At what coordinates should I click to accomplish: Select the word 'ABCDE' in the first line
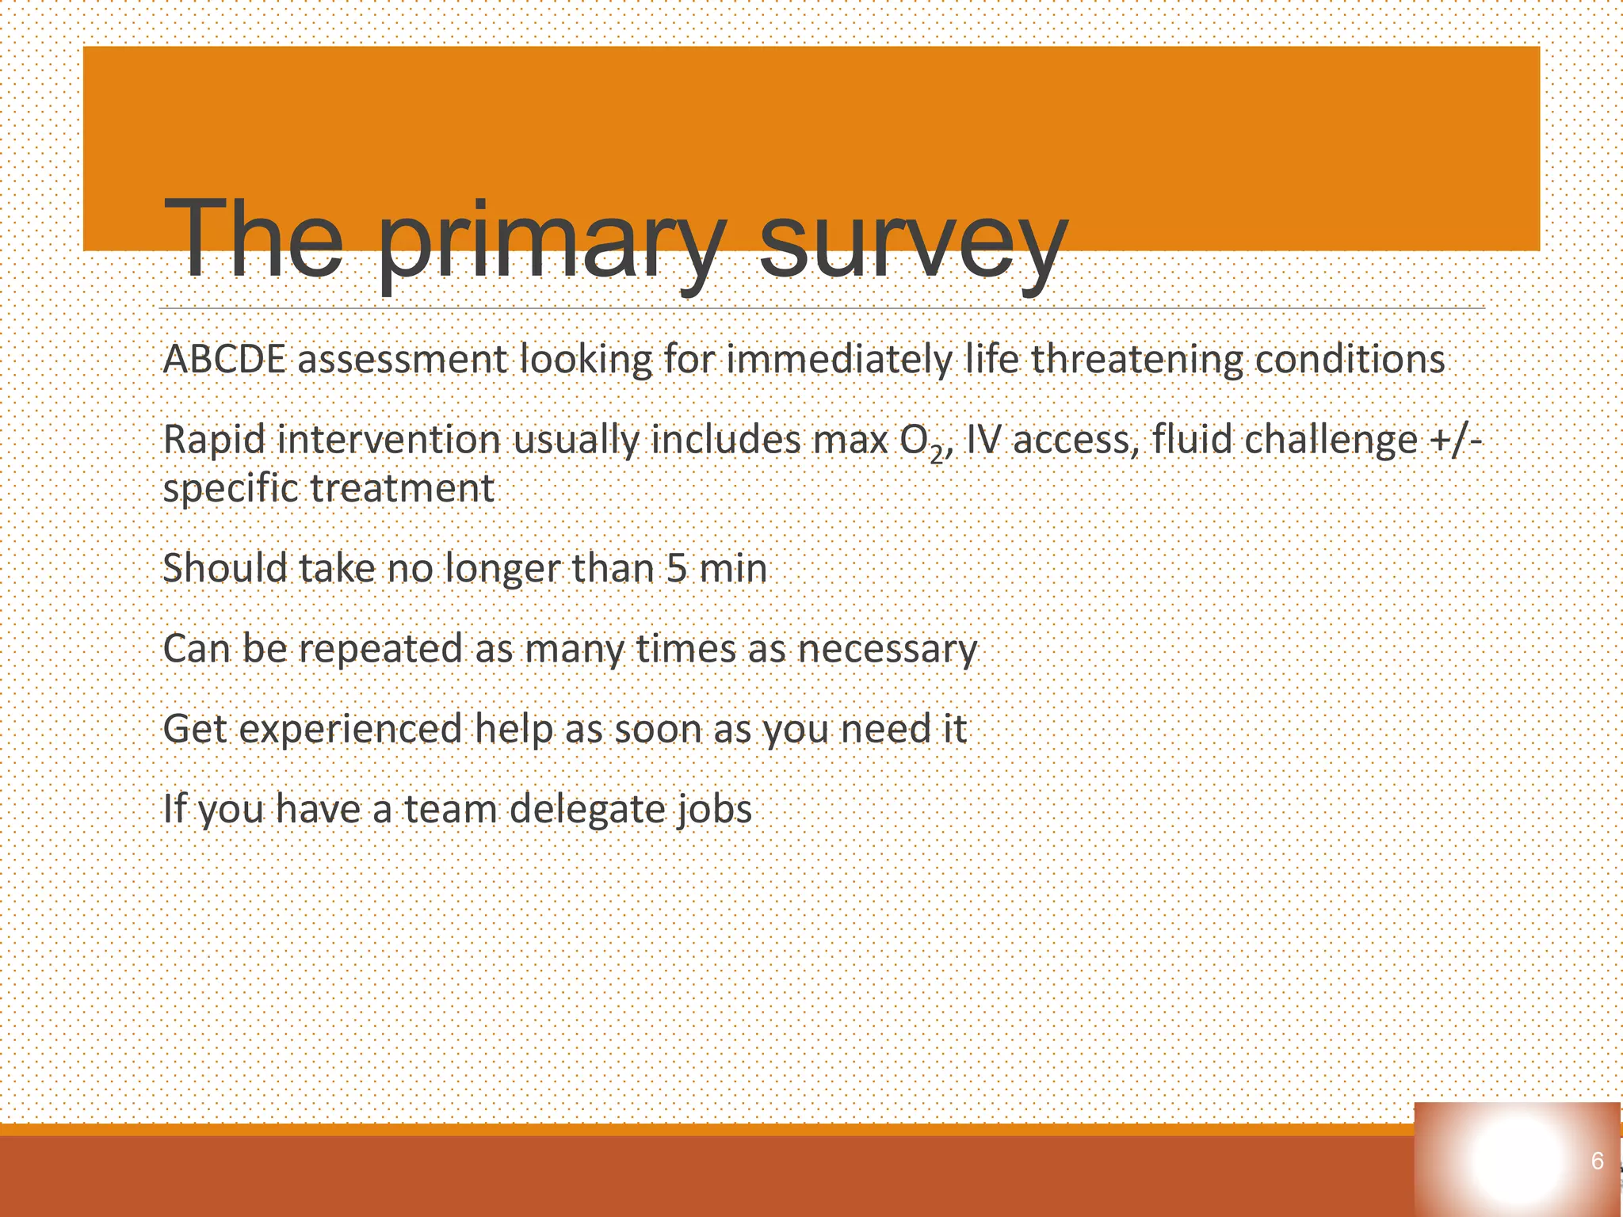[224, 359]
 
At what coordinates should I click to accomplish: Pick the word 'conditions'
[1350, 359]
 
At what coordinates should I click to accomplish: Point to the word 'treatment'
[403, 488]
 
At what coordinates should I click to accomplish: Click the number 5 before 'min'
[676, 568]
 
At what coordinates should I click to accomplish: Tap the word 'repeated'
[380, 650]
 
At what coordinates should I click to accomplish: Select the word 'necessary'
[888, 650]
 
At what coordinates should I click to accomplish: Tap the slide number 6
[1597, 1162]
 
